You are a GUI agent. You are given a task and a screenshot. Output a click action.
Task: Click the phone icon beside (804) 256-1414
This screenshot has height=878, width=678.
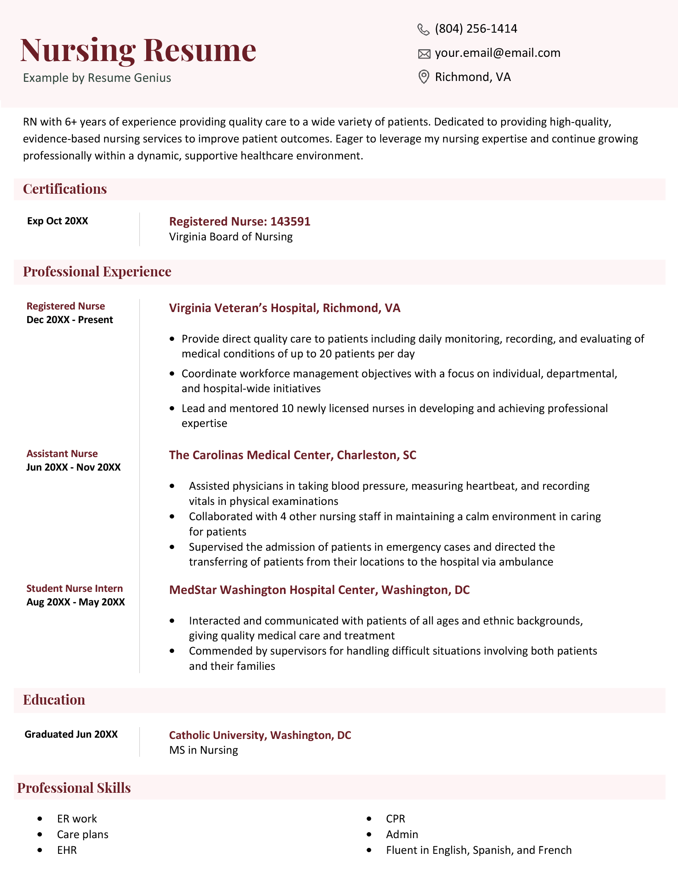[x=423, y=29]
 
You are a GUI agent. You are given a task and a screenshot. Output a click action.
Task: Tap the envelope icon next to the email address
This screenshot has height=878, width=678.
[x=424, y=54]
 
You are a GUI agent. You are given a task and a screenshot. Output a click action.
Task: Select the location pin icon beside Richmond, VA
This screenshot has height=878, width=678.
[x=423, y=77]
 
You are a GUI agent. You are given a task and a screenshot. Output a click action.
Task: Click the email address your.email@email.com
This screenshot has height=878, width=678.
[x=497, y=53]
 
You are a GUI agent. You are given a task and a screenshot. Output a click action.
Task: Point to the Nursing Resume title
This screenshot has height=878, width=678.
[x=138, y=50]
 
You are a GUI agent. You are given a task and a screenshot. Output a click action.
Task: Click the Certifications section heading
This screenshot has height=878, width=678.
[x=65, y=189]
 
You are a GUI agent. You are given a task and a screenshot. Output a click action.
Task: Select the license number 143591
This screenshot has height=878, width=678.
[x=290, y=221]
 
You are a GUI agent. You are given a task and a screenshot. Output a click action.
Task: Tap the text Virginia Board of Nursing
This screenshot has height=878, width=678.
[x=231, y=237]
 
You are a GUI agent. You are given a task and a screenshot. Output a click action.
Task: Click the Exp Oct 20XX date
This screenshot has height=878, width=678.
[x=58, y=221]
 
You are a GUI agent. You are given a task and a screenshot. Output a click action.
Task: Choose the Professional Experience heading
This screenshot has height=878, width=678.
[x=97, y=272]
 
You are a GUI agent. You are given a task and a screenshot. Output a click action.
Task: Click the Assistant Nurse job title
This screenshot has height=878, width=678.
[x=62, y=454]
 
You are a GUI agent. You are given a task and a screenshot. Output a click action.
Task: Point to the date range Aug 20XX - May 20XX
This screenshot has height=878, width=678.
[x=76, y=602]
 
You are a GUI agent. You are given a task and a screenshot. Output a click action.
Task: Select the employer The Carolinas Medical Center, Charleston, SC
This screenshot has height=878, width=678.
[x=292, y=455]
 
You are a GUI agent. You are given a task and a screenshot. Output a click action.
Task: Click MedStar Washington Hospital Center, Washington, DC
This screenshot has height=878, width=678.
[x=319, y=590]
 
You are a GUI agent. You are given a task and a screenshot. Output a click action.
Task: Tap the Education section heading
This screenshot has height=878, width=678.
[x=54, y=700]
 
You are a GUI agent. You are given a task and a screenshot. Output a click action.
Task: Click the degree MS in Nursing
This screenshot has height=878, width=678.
[x=203, y=750]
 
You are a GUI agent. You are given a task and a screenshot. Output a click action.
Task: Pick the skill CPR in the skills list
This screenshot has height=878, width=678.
[x=395, y=819]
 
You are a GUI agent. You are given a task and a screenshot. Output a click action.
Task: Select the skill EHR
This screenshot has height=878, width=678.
[x=67, y=850]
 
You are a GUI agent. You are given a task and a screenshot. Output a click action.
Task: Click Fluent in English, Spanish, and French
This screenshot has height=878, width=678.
[x=479, y=850]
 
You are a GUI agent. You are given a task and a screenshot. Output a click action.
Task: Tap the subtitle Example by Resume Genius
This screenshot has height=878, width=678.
[x=97, y=78]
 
